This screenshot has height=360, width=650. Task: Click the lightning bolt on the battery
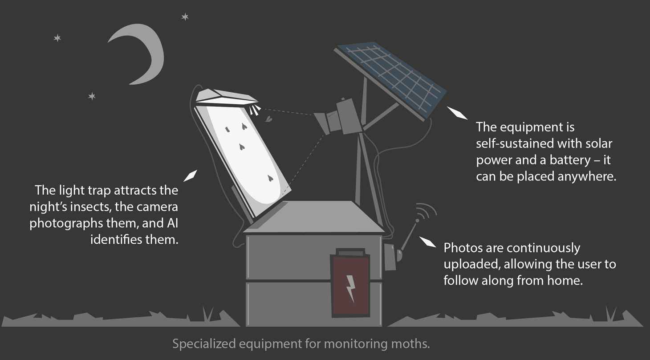point(351,288)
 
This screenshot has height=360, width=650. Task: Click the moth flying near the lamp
point(269,119)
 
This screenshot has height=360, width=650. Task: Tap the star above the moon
point(185,17)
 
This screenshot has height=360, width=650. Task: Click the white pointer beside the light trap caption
point(190,176)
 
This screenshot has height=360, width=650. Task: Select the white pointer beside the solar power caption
point(457,113)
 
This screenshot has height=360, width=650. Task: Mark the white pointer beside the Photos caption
point(428,241)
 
